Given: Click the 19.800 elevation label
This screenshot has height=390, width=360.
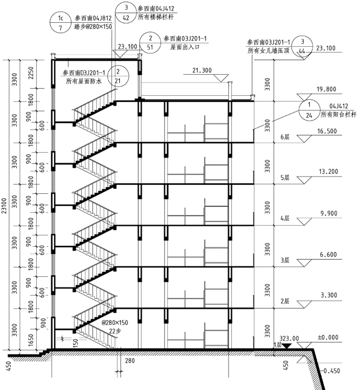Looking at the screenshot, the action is tap(325, 89).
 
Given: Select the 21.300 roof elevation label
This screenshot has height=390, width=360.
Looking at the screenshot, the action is tap(202, 71).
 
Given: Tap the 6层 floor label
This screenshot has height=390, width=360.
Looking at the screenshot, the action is tap(286, 136).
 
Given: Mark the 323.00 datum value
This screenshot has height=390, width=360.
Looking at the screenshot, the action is tap(289, 338).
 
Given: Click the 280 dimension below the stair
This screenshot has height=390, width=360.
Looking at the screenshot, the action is tap(129, 362).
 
